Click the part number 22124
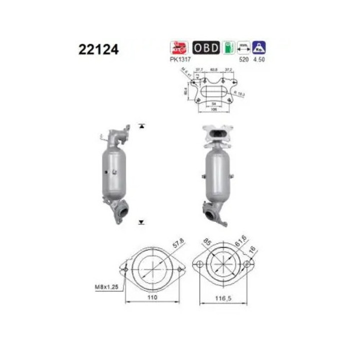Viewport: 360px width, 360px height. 98,50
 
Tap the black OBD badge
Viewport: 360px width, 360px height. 205,47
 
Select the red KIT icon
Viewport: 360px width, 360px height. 179,47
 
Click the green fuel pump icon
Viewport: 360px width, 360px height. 228,47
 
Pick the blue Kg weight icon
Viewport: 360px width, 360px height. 259,47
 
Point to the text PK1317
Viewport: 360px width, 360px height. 179,59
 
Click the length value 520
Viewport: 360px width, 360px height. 244,59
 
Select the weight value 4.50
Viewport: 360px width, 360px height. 259,59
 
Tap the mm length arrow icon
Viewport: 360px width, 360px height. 244,47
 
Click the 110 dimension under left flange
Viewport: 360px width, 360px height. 152,297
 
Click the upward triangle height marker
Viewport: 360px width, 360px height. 142,126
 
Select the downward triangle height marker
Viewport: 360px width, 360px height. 142,221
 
